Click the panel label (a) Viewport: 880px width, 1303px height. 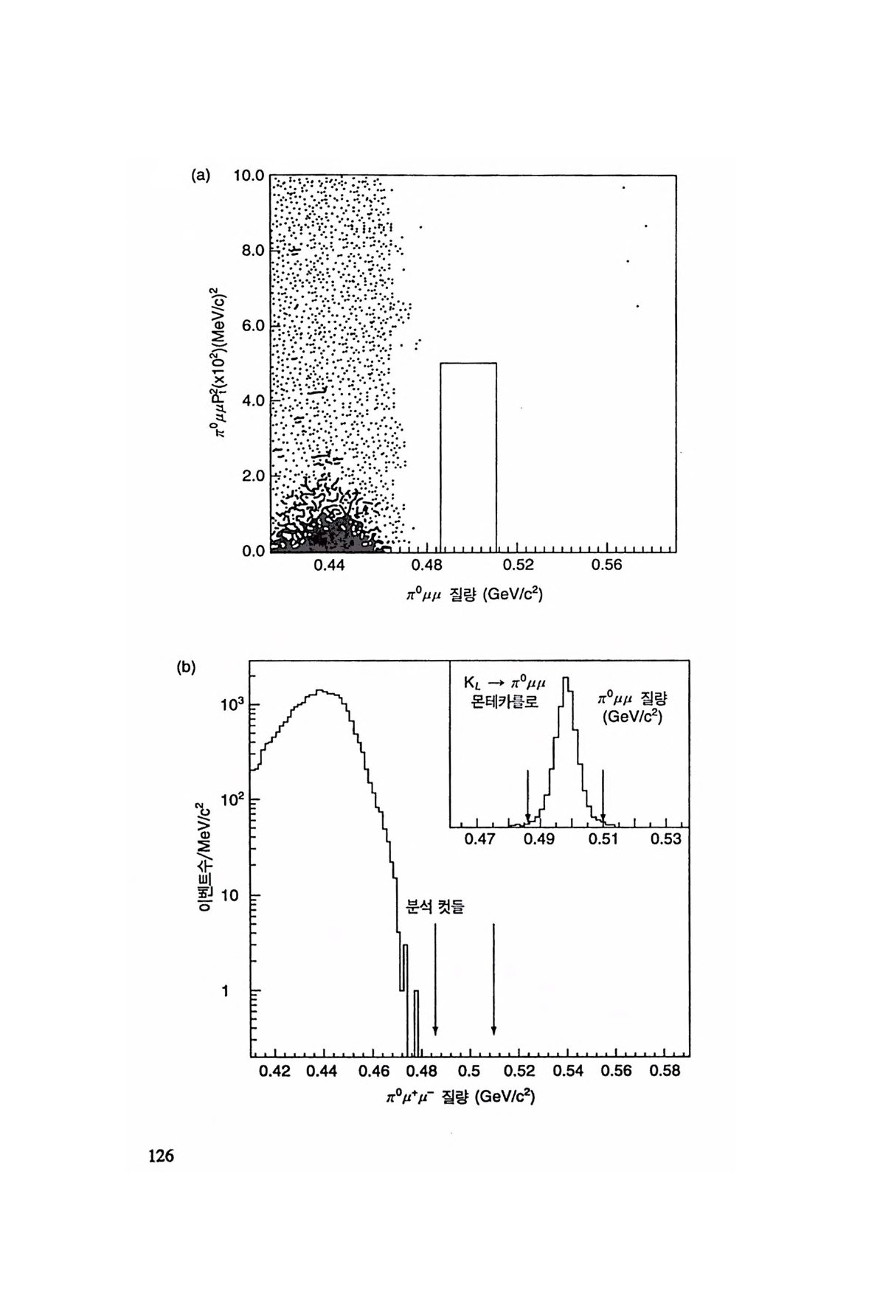201,176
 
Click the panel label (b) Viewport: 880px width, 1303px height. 185,668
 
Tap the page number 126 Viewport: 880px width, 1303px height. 161,1156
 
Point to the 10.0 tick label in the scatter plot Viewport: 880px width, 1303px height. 249,176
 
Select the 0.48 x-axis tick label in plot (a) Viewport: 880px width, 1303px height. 426,566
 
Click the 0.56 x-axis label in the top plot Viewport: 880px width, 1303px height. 606,566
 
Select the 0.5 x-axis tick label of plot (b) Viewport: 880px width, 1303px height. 469,1071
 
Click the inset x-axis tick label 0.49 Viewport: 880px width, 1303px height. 543,839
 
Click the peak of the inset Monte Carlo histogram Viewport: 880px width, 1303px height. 566,680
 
